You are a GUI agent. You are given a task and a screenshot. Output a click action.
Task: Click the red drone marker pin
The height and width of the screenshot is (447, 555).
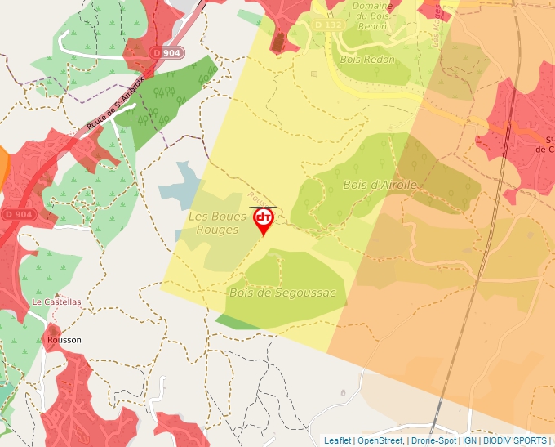(264, 219)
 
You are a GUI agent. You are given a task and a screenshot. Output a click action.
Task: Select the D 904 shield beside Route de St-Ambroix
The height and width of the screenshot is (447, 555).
(167, 52)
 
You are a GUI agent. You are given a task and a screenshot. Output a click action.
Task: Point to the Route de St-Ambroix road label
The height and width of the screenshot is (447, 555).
(114, 105)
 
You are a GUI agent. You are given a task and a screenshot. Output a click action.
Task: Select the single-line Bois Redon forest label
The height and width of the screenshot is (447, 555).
(369, 60)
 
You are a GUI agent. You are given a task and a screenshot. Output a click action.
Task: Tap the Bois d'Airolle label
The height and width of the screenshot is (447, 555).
(380, 185)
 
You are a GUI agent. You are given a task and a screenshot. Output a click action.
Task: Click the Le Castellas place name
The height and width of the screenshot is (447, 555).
(57, 302)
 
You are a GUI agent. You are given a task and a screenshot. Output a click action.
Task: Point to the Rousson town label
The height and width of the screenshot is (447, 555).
(64, 339)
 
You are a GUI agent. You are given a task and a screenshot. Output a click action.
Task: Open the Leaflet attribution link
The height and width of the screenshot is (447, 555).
(337, 440)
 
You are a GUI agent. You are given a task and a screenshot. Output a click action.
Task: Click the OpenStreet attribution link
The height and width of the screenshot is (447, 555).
(380, 440)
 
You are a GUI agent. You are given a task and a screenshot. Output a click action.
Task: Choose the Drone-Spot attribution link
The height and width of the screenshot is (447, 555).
(433, 440)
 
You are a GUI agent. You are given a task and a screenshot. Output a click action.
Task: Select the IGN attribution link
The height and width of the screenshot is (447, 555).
(469, 440)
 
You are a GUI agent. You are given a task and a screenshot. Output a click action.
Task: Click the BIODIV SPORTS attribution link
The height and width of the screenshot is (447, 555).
(515, 440)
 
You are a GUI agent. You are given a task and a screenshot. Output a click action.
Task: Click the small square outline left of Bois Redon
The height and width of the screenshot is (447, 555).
(314, 74)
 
